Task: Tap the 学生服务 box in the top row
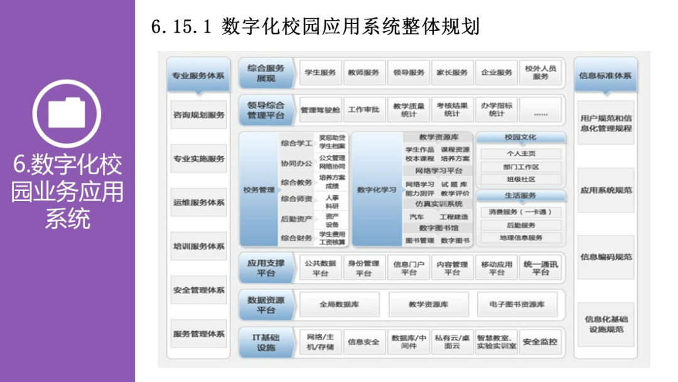point(320,73)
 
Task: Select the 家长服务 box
point(452,73)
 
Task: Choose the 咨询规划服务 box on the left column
point(198,115)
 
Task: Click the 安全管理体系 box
point(198,290)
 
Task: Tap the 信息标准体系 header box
point(605,76)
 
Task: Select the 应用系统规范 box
point(606,190)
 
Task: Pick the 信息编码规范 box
point(606,256)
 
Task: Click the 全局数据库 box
point(339,305)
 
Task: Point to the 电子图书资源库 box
point(517,305)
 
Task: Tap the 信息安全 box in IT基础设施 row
point(363,342)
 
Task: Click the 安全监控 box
point(540,342)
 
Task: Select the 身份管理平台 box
point(363,268)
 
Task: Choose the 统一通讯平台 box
point(541,268)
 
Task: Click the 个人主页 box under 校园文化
point(520,154)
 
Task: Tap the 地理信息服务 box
point(520,237)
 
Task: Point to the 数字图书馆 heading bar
point(439,227)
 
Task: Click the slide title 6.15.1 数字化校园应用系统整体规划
point(315,27)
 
